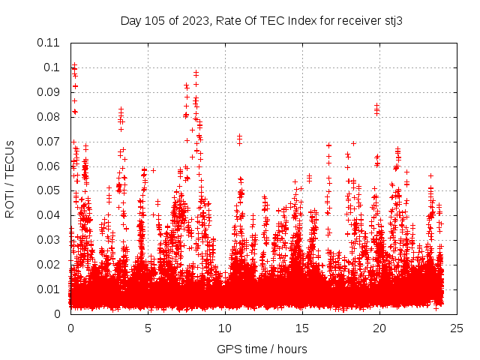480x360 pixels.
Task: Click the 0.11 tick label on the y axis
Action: point(49,43)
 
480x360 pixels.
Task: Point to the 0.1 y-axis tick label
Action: point(52,67)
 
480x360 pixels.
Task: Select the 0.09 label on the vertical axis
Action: point(49,92)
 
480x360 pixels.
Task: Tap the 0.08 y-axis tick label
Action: point(49,117)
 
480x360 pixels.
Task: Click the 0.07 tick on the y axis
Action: point(49,142)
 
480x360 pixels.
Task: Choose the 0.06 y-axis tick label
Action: point(49,166)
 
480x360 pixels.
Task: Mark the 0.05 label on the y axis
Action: point(49,190)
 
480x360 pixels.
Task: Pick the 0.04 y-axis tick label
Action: point(49,215)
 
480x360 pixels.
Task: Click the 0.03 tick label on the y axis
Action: point(49,240)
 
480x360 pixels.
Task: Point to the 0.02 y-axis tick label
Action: point(49,265)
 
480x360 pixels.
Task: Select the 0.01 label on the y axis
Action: point(49,289)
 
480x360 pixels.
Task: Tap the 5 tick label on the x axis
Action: point(148,328)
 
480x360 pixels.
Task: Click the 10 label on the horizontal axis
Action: point(225,328)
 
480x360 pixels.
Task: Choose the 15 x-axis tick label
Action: point(302,328)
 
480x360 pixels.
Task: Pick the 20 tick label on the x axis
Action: point(379,328)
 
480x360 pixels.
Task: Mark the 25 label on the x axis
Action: point(457,328)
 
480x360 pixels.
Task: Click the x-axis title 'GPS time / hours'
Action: point(262,349)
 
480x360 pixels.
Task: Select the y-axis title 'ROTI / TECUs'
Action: point(10,178)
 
